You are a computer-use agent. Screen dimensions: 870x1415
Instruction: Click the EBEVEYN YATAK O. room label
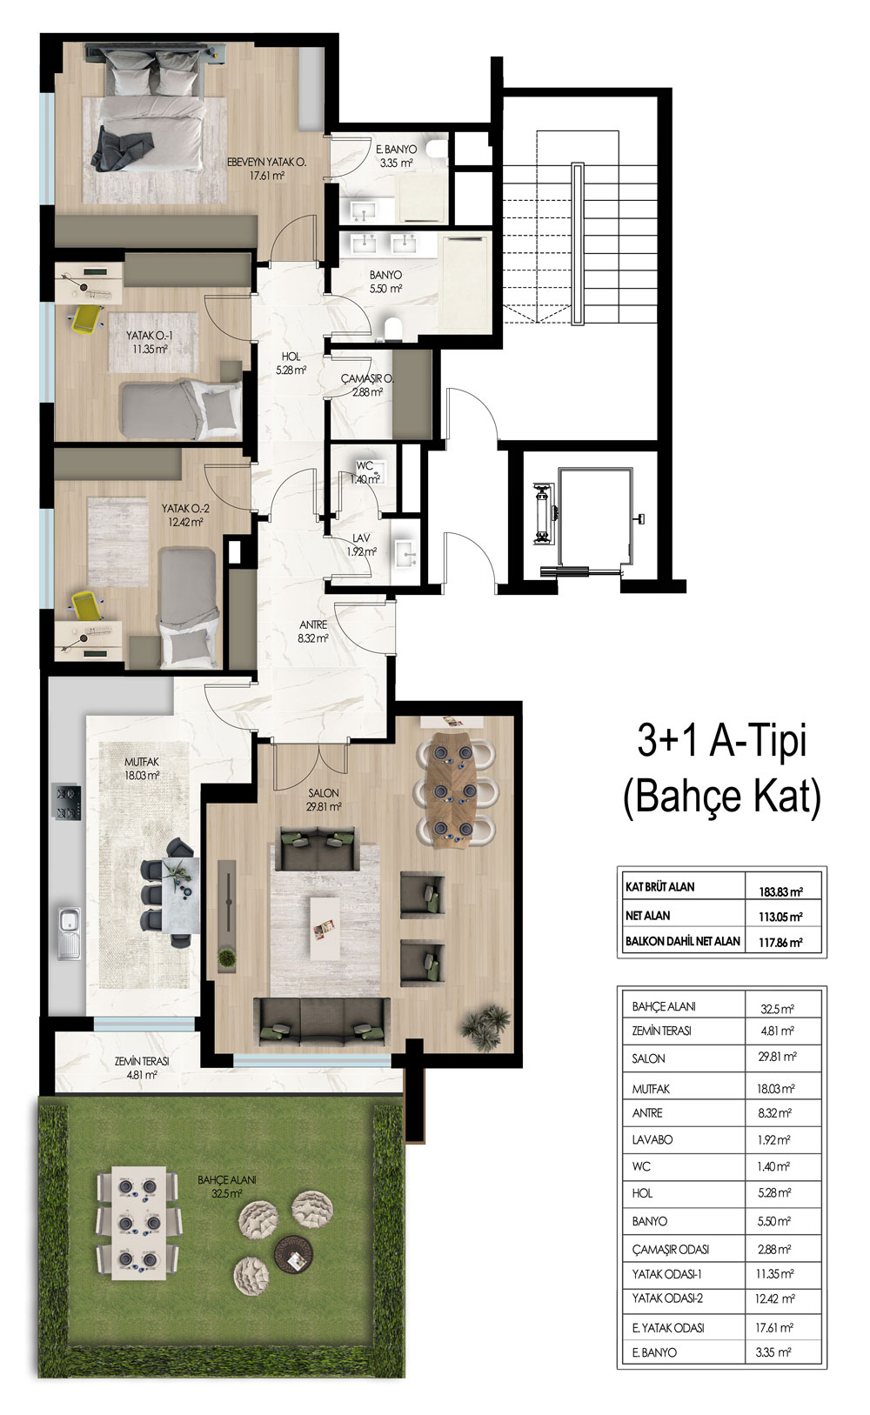pyautogui.click(x=266, y=163)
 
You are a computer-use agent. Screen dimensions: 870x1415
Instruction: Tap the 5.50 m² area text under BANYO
pyautogui.click(x=386, y=289)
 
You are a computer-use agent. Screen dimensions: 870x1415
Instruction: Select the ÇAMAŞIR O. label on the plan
pyautogui.click(x=367, y=378)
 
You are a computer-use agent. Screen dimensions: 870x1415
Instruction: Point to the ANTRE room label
pyautogui.click(x=313, y=624)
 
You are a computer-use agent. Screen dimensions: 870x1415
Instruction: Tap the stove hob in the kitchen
pyautogui.click(x=68, y=802)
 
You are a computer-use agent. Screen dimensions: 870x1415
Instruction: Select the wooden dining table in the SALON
pyautogui.click(x=453, y=788)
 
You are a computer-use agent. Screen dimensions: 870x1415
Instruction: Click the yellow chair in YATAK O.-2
pyautogui.click(x=85, y=605)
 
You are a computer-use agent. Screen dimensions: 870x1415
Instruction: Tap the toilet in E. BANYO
pyautogui.click(x=437, y=149)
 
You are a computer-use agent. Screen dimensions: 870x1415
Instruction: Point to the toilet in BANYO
pyautogui.click(x=393, y=328)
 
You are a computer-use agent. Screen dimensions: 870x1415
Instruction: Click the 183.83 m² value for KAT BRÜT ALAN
pyautogui.click(x=780, y=892)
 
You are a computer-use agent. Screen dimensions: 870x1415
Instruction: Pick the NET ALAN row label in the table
pyautogui.click(x=647, y=915)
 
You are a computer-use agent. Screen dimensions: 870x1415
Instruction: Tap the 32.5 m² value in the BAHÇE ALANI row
pyautogui.click(x=777, y=1009)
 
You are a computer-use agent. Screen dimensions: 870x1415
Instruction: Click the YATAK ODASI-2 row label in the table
pyautogui.click(x=667, y=1298)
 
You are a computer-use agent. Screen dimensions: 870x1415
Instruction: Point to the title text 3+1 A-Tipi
pyautogui.click(x=722, y=742)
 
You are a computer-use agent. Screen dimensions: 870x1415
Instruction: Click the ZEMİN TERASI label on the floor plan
pyautogui.click(x=142, y=1062)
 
